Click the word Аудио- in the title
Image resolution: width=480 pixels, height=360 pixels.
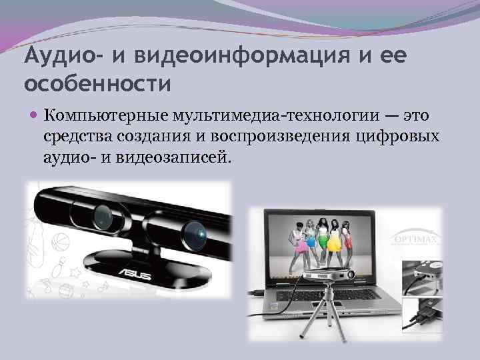pos(59,57)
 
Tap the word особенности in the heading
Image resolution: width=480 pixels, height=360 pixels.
pos(97,85)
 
